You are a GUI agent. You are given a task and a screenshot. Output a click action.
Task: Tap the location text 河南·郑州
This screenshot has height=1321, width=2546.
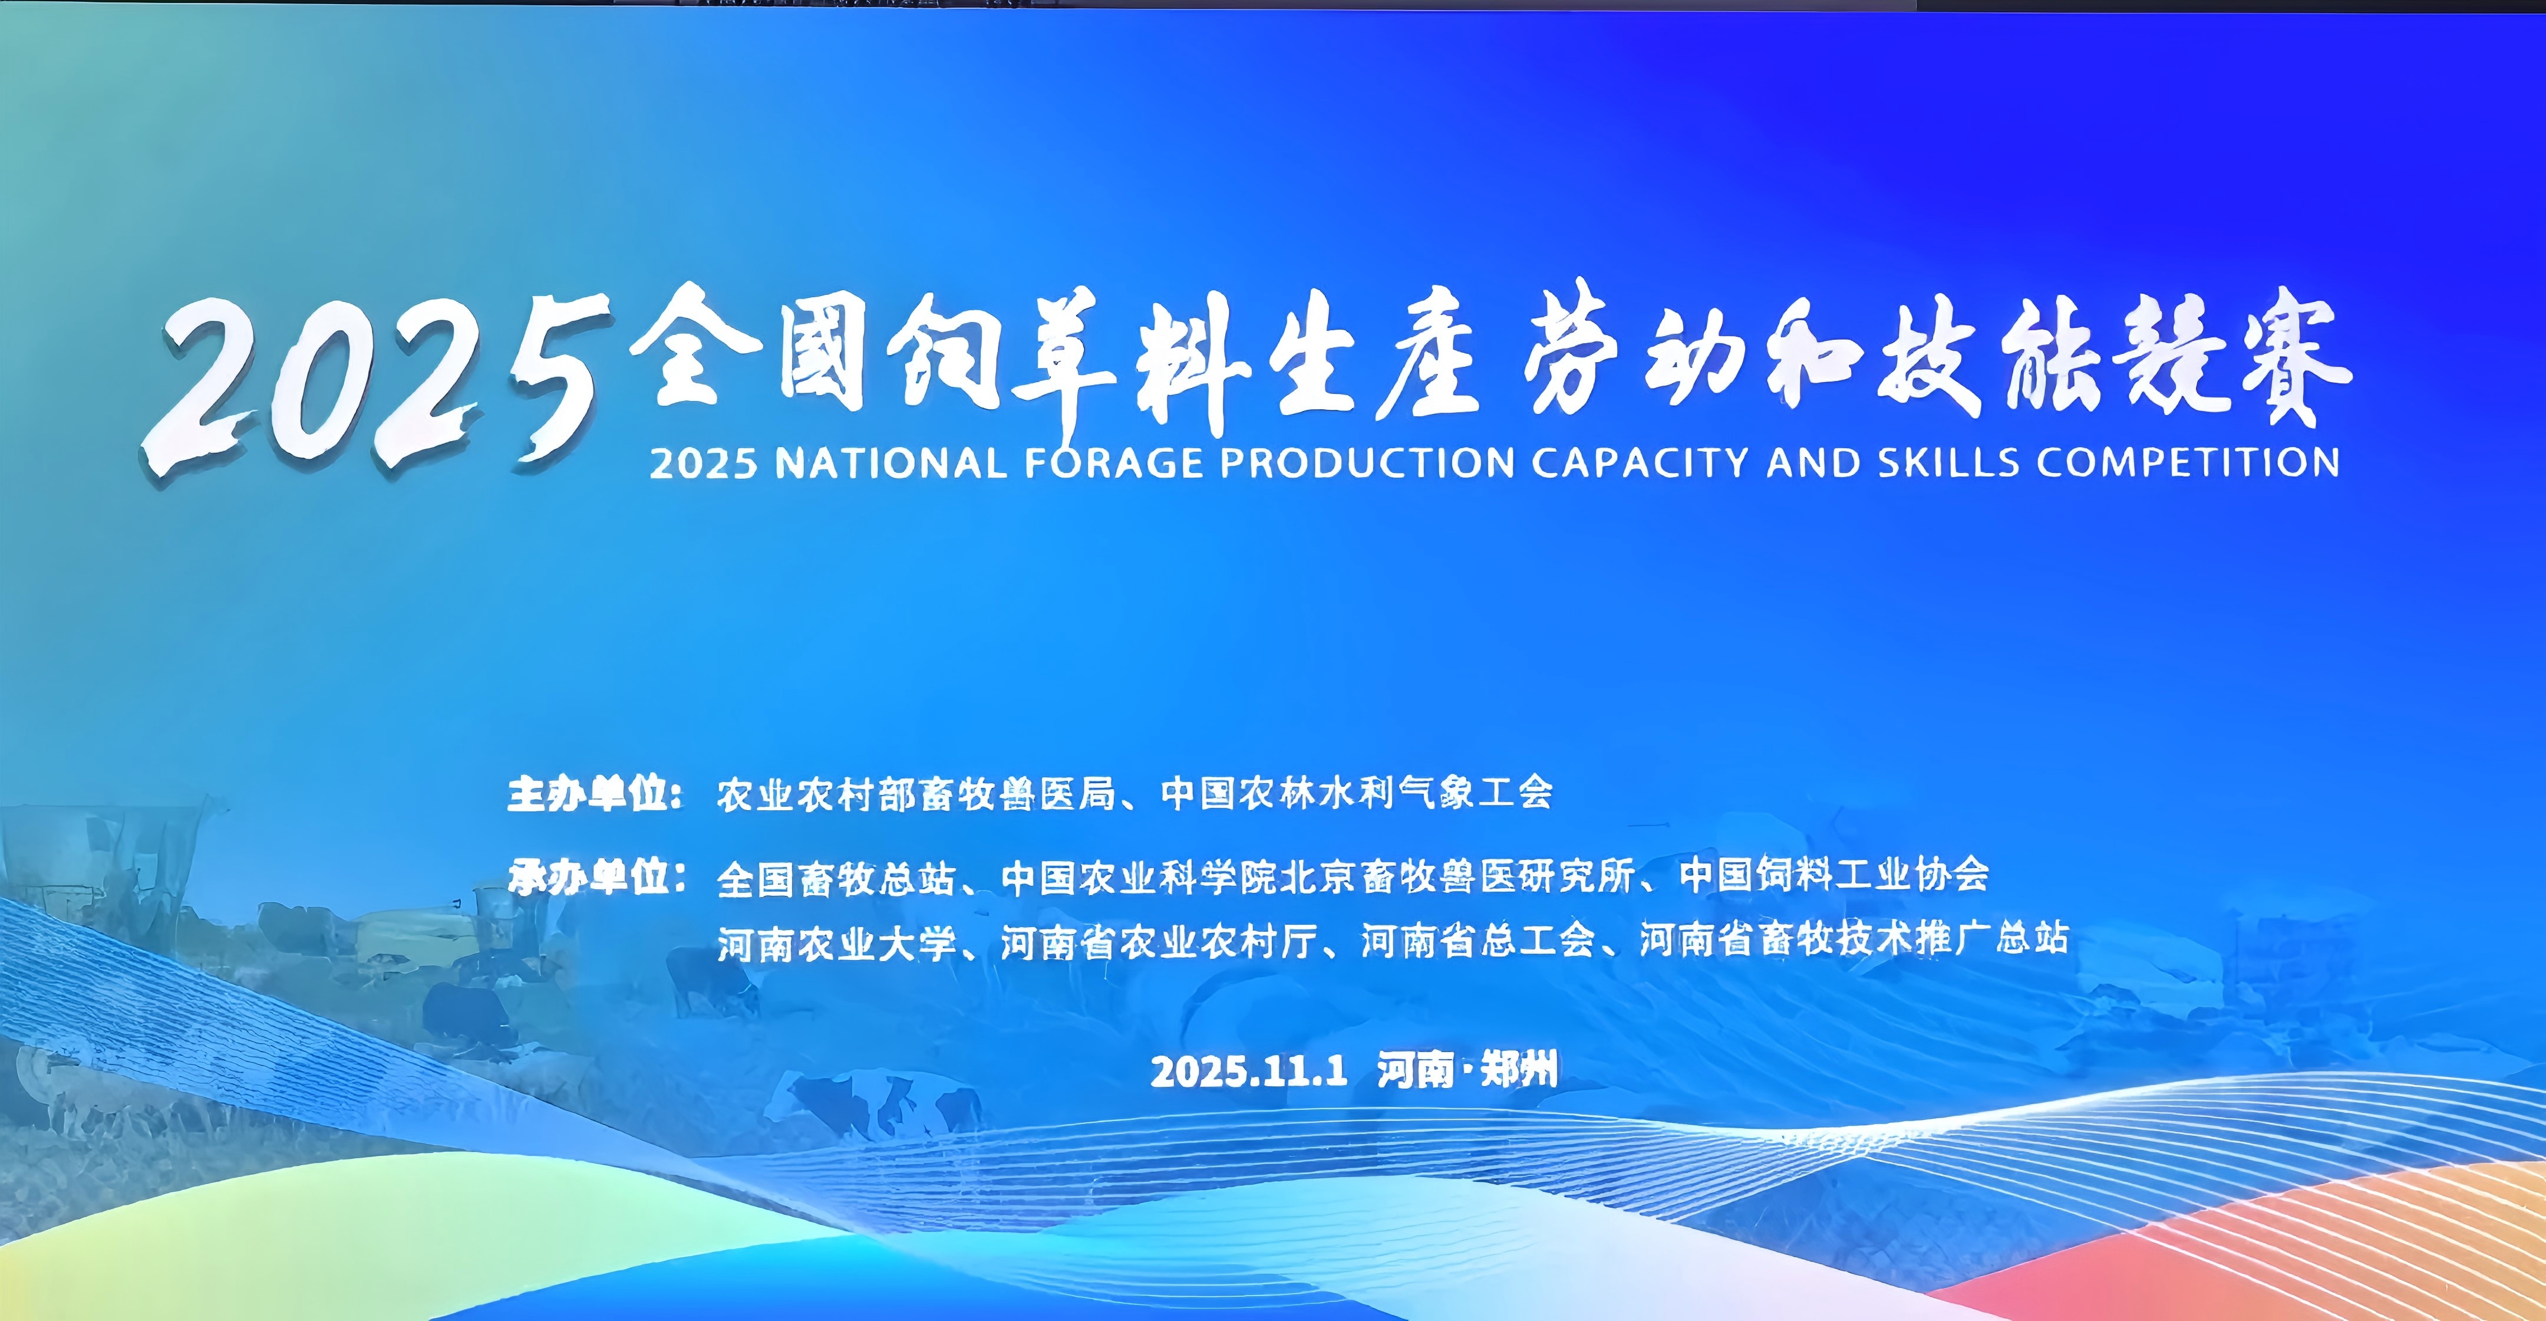[1467, 1070]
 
